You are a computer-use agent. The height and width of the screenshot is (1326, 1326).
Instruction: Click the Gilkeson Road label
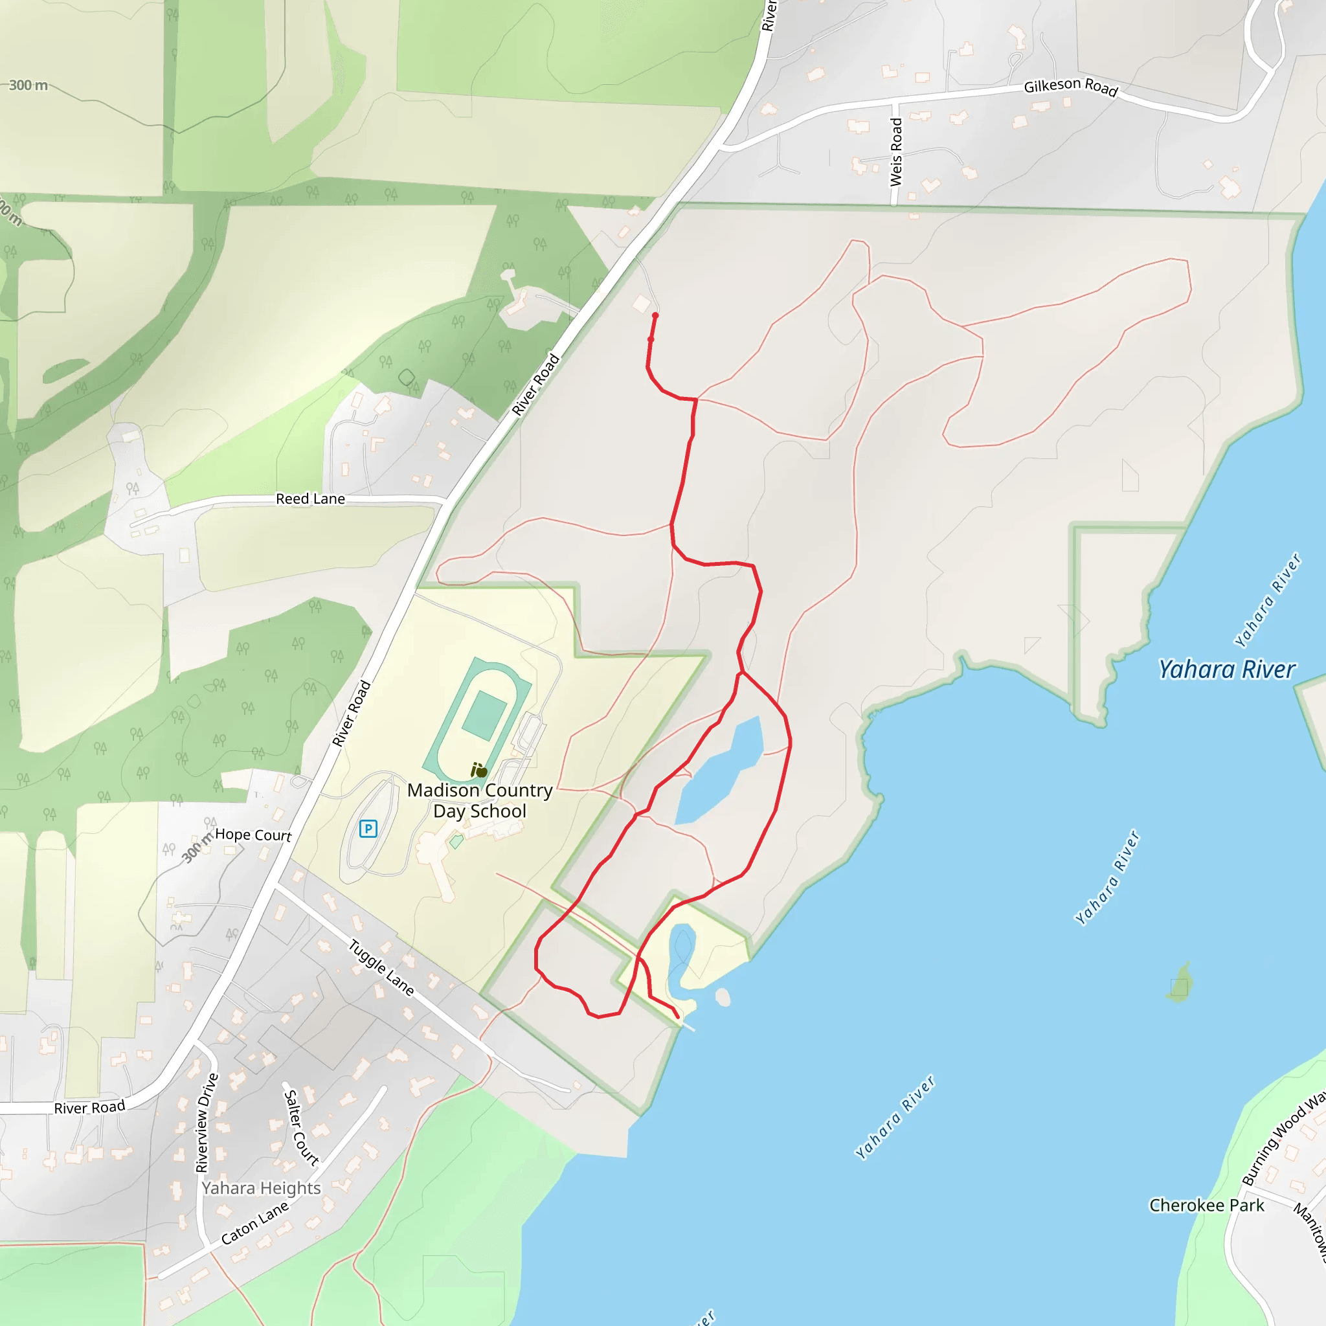coord(1070,87)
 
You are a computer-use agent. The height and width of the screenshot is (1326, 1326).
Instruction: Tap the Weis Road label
coord(895,152)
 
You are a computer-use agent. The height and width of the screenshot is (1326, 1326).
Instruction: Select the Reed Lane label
coord(310,499)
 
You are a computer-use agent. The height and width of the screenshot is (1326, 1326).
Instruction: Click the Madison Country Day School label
coord(480,800)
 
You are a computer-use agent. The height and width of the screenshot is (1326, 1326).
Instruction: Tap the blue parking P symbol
coord(368,828)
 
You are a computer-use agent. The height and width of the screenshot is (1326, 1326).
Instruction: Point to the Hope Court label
coord(253,835)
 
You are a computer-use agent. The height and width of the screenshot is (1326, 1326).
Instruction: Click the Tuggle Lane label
coord(381,968)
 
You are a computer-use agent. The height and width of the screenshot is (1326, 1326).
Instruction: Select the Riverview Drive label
coord(207,1123)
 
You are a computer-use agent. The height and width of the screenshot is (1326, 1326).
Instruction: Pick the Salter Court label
coord(301,1128)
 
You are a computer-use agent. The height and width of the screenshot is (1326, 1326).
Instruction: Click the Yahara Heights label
coord(261,1188)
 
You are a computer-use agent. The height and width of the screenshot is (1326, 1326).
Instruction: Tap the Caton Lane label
coord(254,1223)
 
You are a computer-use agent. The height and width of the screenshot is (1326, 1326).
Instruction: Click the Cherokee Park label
coord(1207,1205)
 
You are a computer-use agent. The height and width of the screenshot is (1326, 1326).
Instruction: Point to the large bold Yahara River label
coord(1227,669)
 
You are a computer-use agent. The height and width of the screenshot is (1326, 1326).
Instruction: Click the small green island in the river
coord(1179,983)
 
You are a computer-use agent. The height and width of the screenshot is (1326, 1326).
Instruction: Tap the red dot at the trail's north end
coord(655,316)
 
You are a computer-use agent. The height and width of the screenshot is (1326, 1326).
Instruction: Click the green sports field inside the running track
coord(484,715)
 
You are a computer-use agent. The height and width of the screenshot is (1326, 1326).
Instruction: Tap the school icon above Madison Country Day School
coord(478,770)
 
